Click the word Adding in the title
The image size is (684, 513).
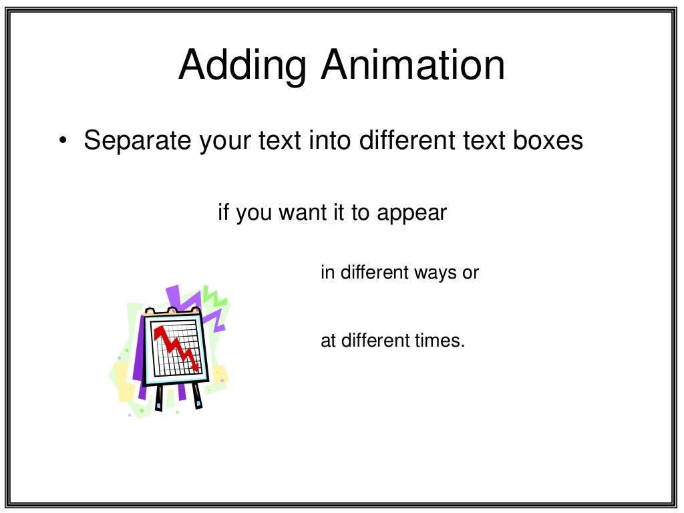pos(242,65)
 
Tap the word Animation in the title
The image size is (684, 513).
pos(412,65)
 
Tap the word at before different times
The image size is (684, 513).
pos(328,341)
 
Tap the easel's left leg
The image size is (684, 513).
pos(159,398)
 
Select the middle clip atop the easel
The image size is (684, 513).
pos(172,311)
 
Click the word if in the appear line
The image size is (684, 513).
pos(224,213)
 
